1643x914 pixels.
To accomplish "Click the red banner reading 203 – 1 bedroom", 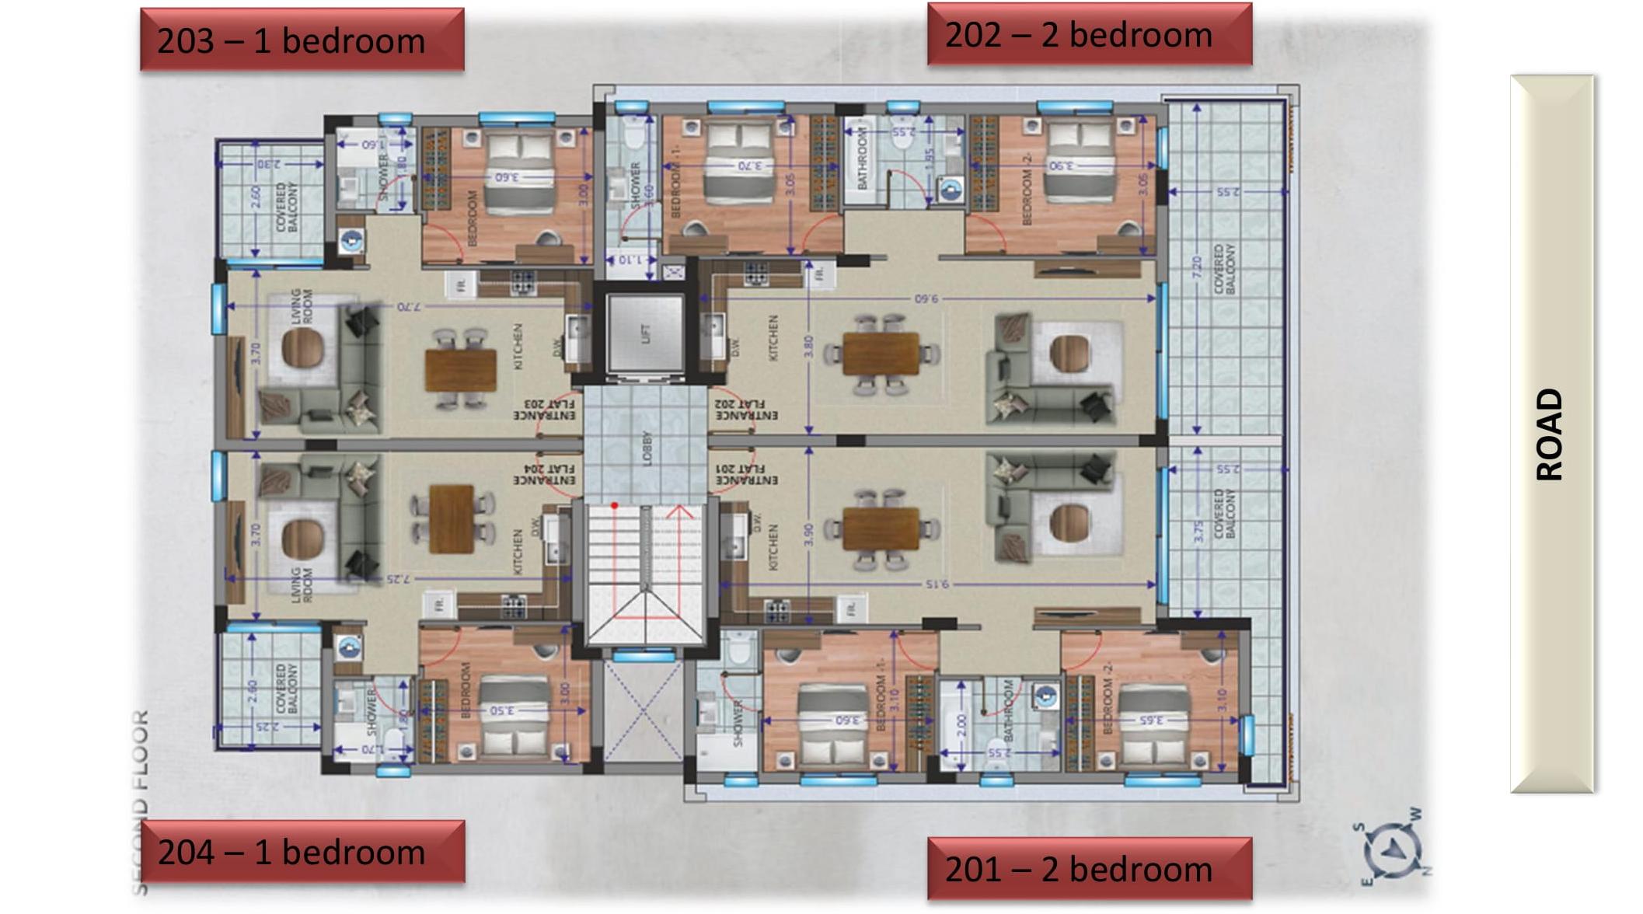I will coord(302,40).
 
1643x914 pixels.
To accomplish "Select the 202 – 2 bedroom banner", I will coord(1089,35).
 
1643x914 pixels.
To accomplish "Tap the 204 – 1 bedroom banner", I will coord(302,853).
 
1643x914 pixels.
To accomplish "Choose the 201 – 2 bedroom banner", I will coord(1089,869).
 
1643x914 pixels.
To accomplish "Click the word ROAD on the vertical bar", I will coord(1550,434).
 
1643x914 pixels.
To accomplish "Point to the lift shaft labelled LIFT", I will coord(645,334).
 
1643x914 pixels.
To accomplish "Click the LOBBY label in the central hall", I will coord(647,449).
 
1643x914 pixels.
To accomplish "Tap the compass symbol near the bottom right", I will coord(1394,847).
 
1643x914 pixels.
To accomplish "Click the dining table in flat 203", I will coord(460,370).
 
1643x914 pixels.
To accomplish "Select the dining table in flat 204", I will coord(452,519).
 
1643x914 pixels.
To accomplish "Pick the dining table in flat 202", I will coord(881,354).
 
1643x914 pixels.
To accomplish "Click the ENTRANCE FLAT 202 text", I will coord(745,410).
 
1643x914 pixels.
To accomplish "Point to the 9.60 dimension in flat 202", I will coord(926,298).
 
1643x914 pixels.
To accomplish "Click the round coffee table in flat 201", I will coord(1069,522).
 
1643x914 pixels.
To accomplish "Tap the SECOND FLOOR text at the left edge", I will coord(140,801).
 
